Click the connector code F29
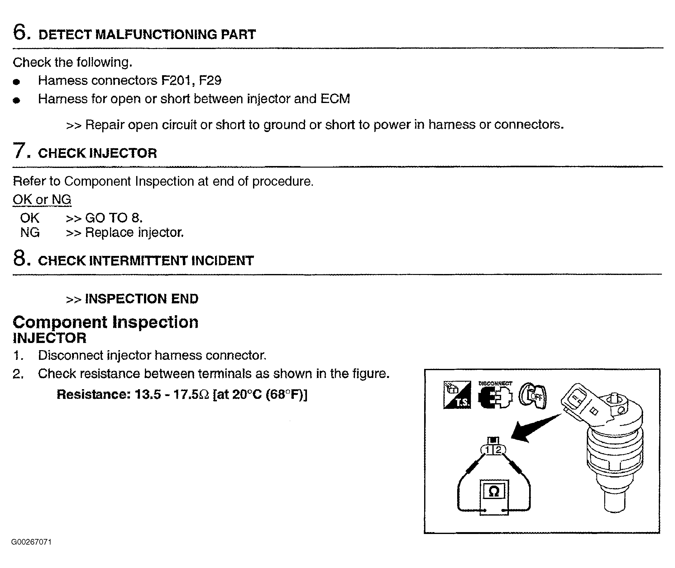(210, 81)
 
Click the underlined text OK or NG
(42, 200)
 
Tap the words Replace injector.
(134, 233)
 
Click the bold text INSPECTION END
(141, 299)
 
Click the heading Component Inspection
(105, 322)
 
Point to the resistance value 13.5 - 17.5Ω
(172, 394)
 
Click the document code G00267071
(31, 542)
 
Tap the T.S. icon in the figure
(457, 395)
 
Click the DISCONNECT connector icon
(495, 396)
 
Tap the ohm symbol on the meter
(494, 491)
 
